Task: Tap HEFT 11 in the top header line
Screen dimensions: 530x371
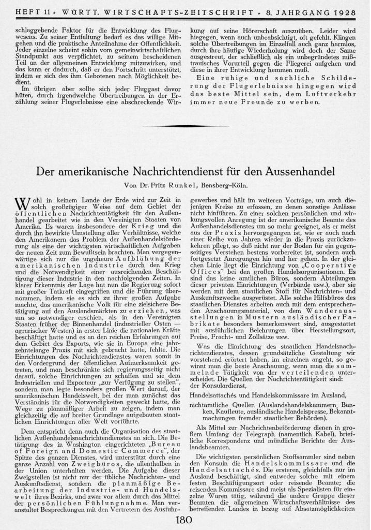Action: [x=31, y=11]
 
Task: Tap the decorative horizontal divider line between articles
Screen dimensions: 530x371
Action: [x=185, y=126]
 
